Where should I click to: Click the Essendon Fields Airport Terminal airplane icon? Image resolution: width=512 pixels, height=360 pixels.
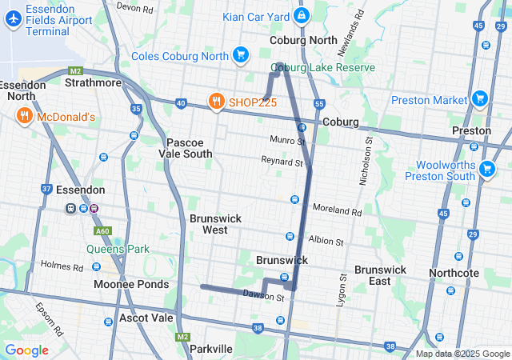pos(14,20)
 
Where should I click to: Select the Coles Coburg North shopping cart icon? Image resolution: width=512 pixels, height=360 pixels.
pos(240,54)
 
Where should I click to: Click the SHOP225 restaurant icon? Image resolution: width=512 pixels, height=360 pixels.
pos(215,102)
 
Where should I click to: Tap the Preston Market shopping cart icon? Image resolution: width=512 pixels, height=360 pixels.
pos(479,100)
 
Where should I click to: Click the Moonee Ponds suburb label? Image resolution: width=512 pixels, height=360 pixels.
pos(131,284)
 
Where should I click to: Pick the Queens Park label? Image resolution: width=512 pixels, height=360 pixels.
pos(118,249)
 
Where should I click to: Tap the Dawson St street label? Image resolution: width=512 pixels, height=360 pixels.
pos(264,298)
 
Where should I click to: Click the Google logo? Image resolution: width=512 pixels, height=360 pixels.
pos(26,350)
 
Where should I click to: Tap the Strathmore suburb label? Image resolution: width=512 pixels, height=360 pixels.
pos(93,82)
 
